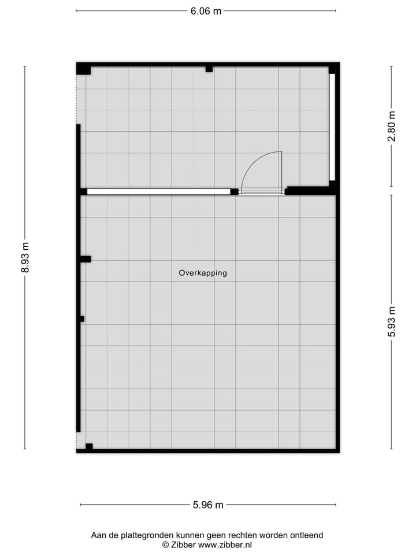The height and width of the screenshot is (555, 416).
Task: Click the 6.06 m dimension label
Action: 206,11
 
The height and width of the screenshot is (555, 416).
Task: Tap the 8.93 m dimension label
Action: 25,257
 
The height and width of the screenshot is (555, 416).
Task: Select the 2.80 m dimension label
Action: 392,127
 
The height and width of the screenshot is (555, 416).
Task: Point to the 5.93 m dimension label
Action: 392,321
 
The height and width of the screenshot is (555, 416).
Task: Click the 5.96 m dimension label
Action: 208,505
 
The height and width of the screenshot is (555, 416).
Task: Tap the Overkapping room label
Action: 203,273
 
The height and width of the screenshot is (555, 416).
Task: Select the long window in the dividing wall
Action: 158,191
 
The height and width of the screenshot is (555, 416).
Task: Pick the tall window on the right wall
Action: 332,127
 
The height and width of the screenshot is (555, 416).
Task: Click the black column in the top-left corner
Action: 84,69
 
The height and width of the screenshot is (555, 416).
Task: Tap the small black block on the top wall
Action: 209,69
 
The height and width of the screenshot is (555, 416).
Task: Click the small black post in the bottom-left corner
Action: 89,446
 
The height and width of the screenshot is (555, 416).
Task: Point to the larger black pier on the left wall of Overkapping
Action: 86,259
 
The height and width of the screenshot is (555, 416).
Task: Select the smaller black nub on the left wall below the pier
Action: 82,319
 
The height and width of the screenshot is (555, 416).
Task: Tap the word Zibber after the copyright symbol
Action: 183,545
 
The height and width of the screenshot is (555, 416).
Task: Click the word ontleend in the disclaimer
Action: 307,535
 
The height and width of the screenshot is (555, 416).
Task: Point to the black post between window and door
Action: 234,191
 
